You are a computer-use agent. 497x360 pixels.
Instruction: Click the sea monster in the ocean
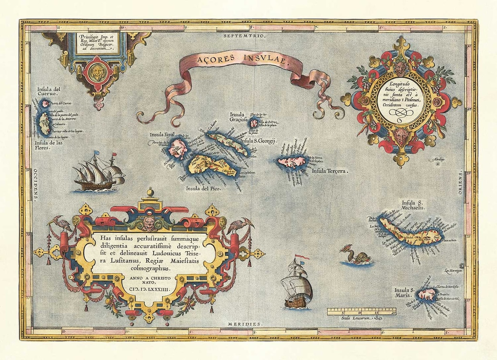pos(356,256)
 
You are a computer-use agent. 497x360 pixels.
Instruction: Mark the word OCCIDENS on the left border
pos(34,183)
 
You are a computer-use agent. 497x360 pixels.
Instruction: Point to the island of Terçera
pos(291,162)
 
